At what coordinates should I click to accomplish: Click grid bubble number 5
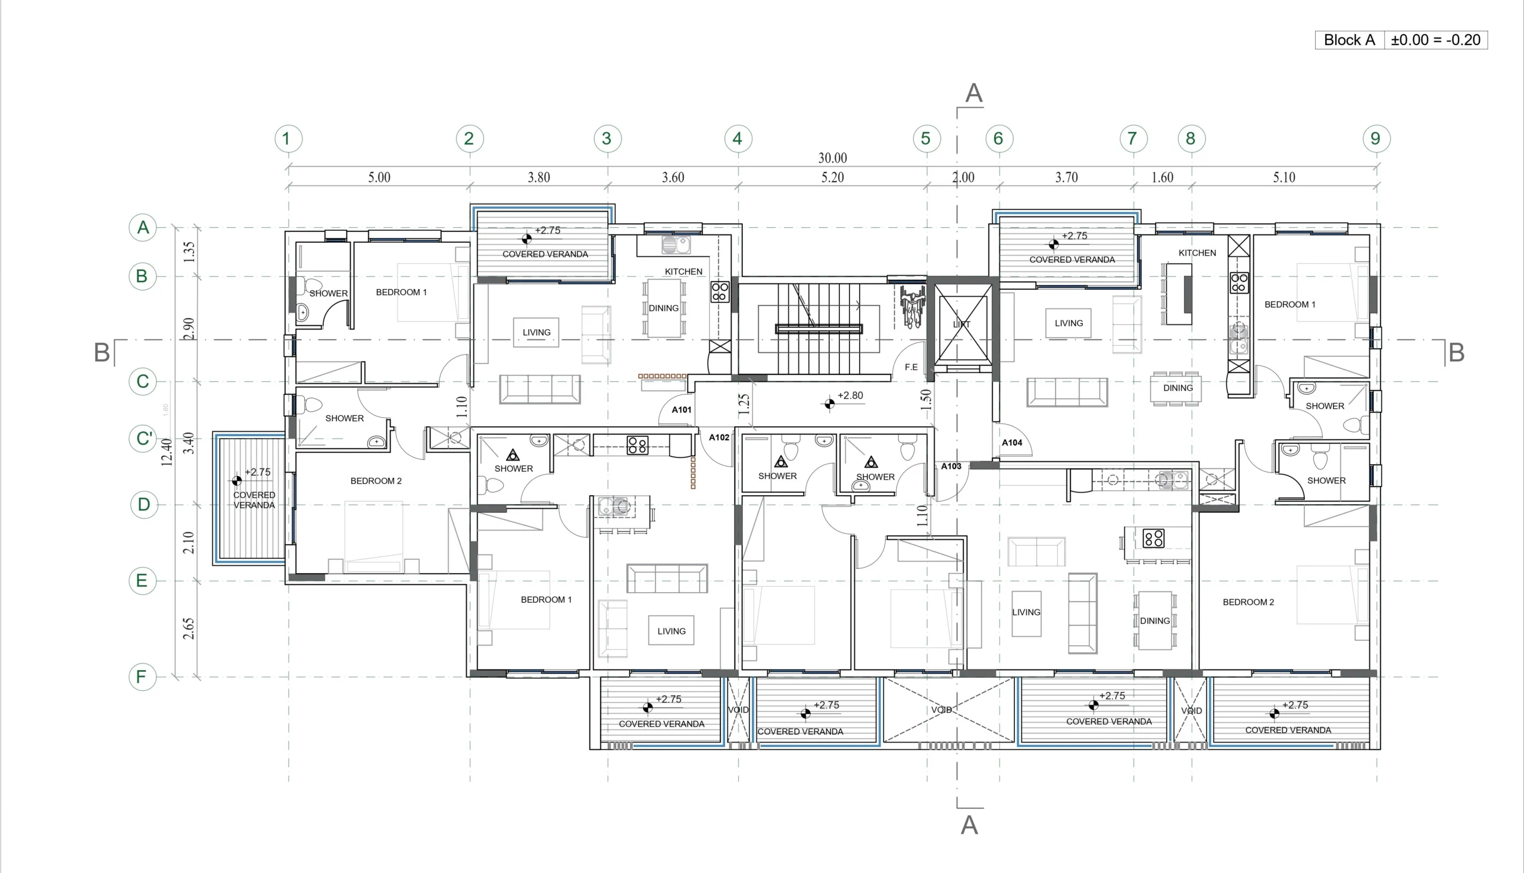click(x=926, y=139)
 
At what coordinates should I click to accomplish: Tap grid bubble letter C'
click(x=143, y=439)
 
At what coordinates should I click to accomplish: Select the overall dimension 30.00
click(x=832, y=158)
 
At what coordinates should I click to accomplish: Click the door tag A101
click(x=681, y=409)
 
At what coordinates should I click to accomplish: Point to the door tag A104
click(x=1012, y=443)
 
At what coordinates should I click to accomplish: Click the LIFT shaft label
click(x=961, y=324)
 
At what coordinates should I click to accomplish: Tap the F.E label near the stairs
click(x=911, y=367)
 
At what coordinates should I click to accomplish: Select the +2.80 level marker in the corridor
click(x=850, y=396)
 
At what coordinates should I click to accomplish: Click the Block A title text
click(x=1349, y=40)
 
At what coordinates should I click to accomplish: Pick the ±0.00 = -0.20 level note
click(x=1436, y=40)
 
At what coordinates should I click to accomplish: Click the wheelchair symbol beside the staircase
click(x=912, y=307)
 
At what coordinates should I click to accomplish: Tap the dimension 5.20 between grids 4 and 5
click(x=832, y=177)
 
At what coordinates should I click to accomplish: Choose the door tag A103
click(x=951, y=466)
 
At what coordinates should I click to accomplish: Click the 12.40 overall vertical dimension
click(x=167, y=452)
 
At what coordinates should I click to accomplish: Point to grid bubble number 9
click(x=1375, y=139)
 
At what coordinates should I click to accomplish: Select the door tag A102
click(x=719, y=437)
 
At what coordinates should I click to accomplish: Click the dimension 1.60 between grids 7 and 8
click(x=1162, y=177)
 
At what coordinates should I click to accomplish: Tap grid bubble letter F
click(x=142, y=677)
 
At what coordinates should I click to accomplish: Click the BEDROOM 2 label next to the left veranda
click(x=376, y=481)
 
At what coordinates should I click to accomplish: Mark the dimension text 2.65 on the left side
click(x=188, y=628)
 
